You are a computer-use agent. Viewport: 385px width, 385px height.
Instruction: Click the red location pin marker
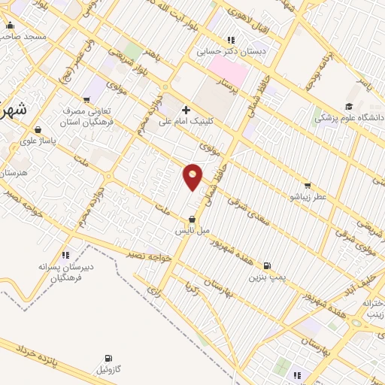(x=193, y=176)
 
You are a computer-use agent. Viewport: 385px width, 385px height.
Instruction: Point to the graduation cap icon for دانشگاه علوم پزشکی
(x=348, y=107)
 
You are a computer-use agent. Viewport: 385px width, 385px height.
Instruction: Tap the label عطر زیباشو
(x=307, y=196)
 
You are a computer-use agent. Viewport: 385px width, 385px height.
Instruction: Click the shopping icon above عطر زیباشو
(x=307, y=186)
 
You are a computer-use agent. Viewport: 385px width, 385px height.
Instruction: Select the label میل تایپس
(x=194, y=230)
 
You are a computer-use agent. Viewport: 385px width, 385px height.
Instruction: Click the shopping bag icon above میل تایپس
(x=194, y=220)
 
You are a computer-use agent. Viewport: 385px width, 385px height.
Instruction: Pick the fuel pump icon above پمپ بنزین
(x=266, y=265)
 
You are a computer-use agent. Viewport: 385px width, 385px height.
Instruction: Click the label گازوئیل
(x=109, y=369)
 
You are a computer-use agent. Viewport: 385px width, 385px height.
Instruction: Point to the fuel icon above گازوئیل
(x=109, y=359)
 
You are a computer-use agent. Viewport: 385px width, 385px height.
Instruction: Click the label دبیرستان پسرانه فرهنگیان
(x=66, y=271)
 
